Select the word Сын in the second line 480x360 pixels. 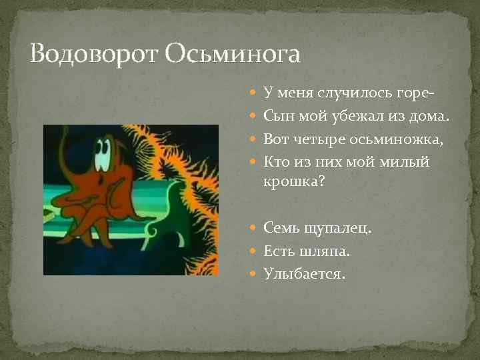pos(278,116)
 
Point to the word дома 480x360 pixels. pos(427,116)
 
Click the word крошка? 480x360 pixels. pos(294,181)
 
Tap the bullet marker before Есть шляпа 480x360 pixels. pos(257,251)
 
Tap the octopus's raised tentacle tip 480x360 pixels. pos(63,137)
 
